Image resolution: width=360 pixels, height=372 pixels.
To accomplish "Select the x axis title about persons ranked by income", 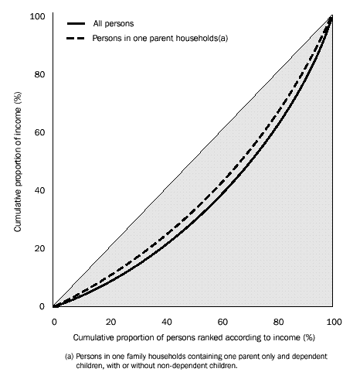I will pos(195,338).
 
